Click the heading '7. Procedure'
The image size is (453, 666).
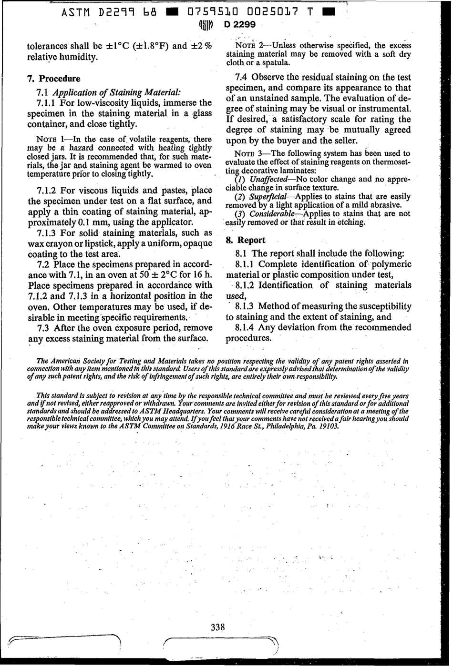click(x=54, y=79)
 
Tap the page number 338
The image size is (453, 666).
click(x=217, y=627)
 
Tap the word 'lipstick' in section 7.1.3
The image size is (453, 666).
click(x=99, y=243)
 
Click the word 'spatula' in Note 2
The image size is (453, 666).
click(x=276, y=62)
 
